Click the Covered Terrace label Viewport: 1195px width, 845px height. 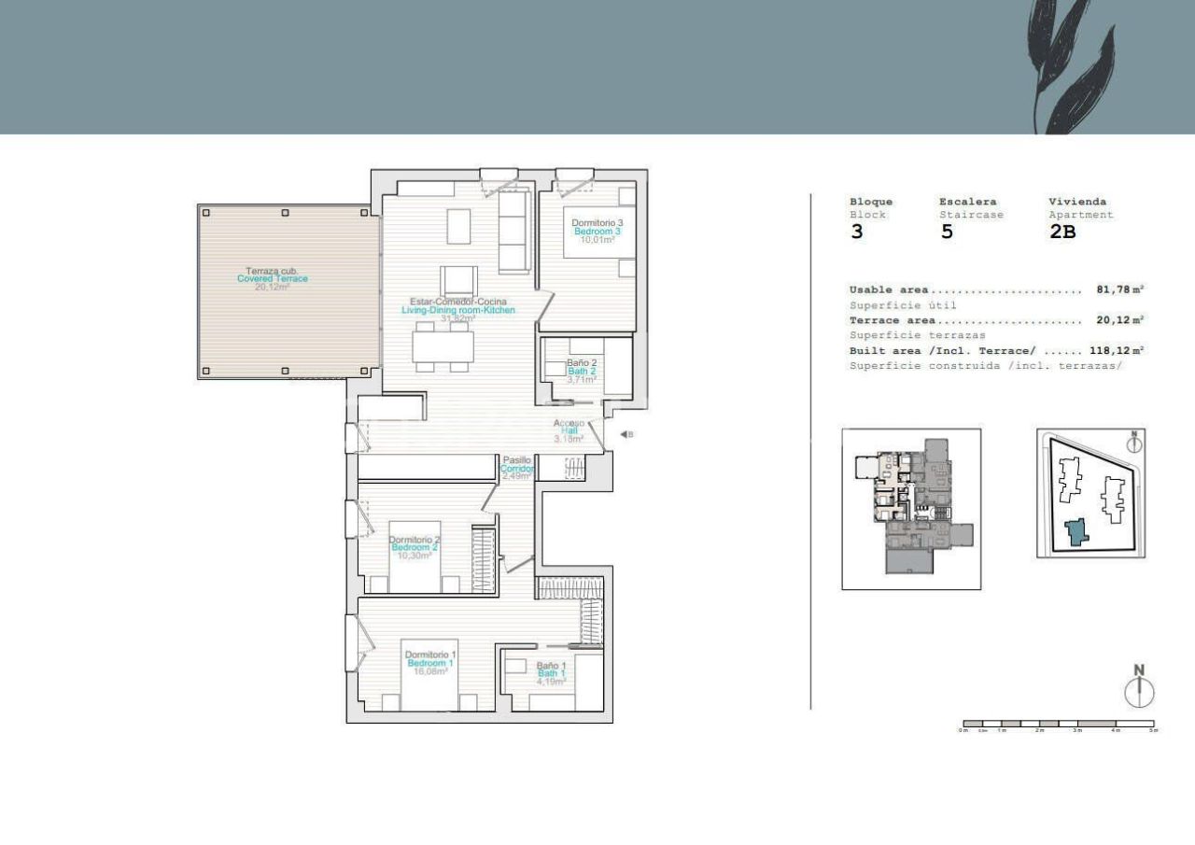pos(272,278)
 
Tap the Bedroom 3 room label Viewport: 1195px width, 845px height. pos(597,231)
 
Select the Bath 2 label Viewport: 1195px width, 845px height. pos(582,371)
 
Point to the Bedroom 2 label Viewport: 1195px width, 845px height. pos(415,547)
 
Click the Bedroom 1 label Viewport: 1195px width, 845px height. pos(430,663)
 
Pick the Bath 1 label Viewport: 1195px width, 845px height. pos(551,673)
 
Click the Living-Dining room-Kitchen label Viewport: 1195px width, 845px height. pos(458,310)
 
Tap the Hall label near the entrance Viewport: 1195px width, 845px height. pos(569,430)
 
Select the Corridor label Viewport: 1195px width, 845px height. pos(517,468)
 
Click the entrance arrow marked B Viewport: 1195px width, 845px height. pos(626,434)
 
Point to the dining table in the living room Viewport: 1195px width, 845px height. pos(443,346)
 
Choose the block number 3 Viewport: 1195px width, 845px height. pos(857,232)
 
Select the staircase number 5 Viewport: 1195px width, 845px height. pos(947,232)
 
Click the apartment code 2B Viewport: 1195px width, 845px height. pos(1062,232)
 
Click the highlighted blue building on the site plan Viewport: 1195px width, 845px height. pos(1077,532)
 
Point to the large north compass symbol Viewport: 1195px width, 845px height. pos(1139,690)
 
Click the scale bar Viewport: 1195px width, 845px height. pos(1058,724)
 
